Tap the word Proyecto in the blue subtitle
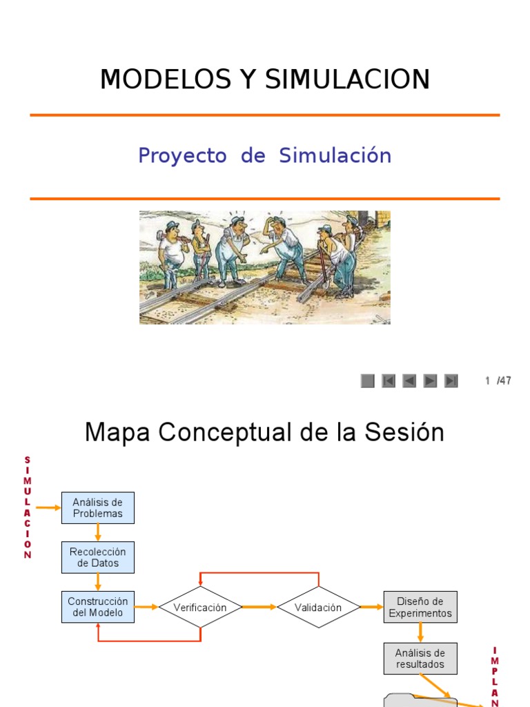click(182, 155)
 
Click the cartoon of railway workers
click(264, 267)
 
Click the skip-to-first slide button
click(389, 380)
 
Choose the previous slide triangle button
click(409, 380)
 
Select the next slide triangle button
click(430, 380)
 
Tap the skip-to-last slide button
click(451, 380)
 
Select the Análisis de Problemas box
click(98, 508)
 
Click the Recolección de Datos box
click(98, 557)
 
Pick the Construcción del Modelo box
click(98, 607)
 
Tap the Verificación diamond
click(200, 608)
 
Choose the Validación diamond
click(318, 608)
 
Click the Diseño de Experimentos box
click(420, 607)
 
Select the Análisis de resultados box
click(420, 658)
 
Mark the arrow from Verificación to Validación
click(259, 608)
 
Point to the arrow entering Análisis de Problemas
click(48, 508)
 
